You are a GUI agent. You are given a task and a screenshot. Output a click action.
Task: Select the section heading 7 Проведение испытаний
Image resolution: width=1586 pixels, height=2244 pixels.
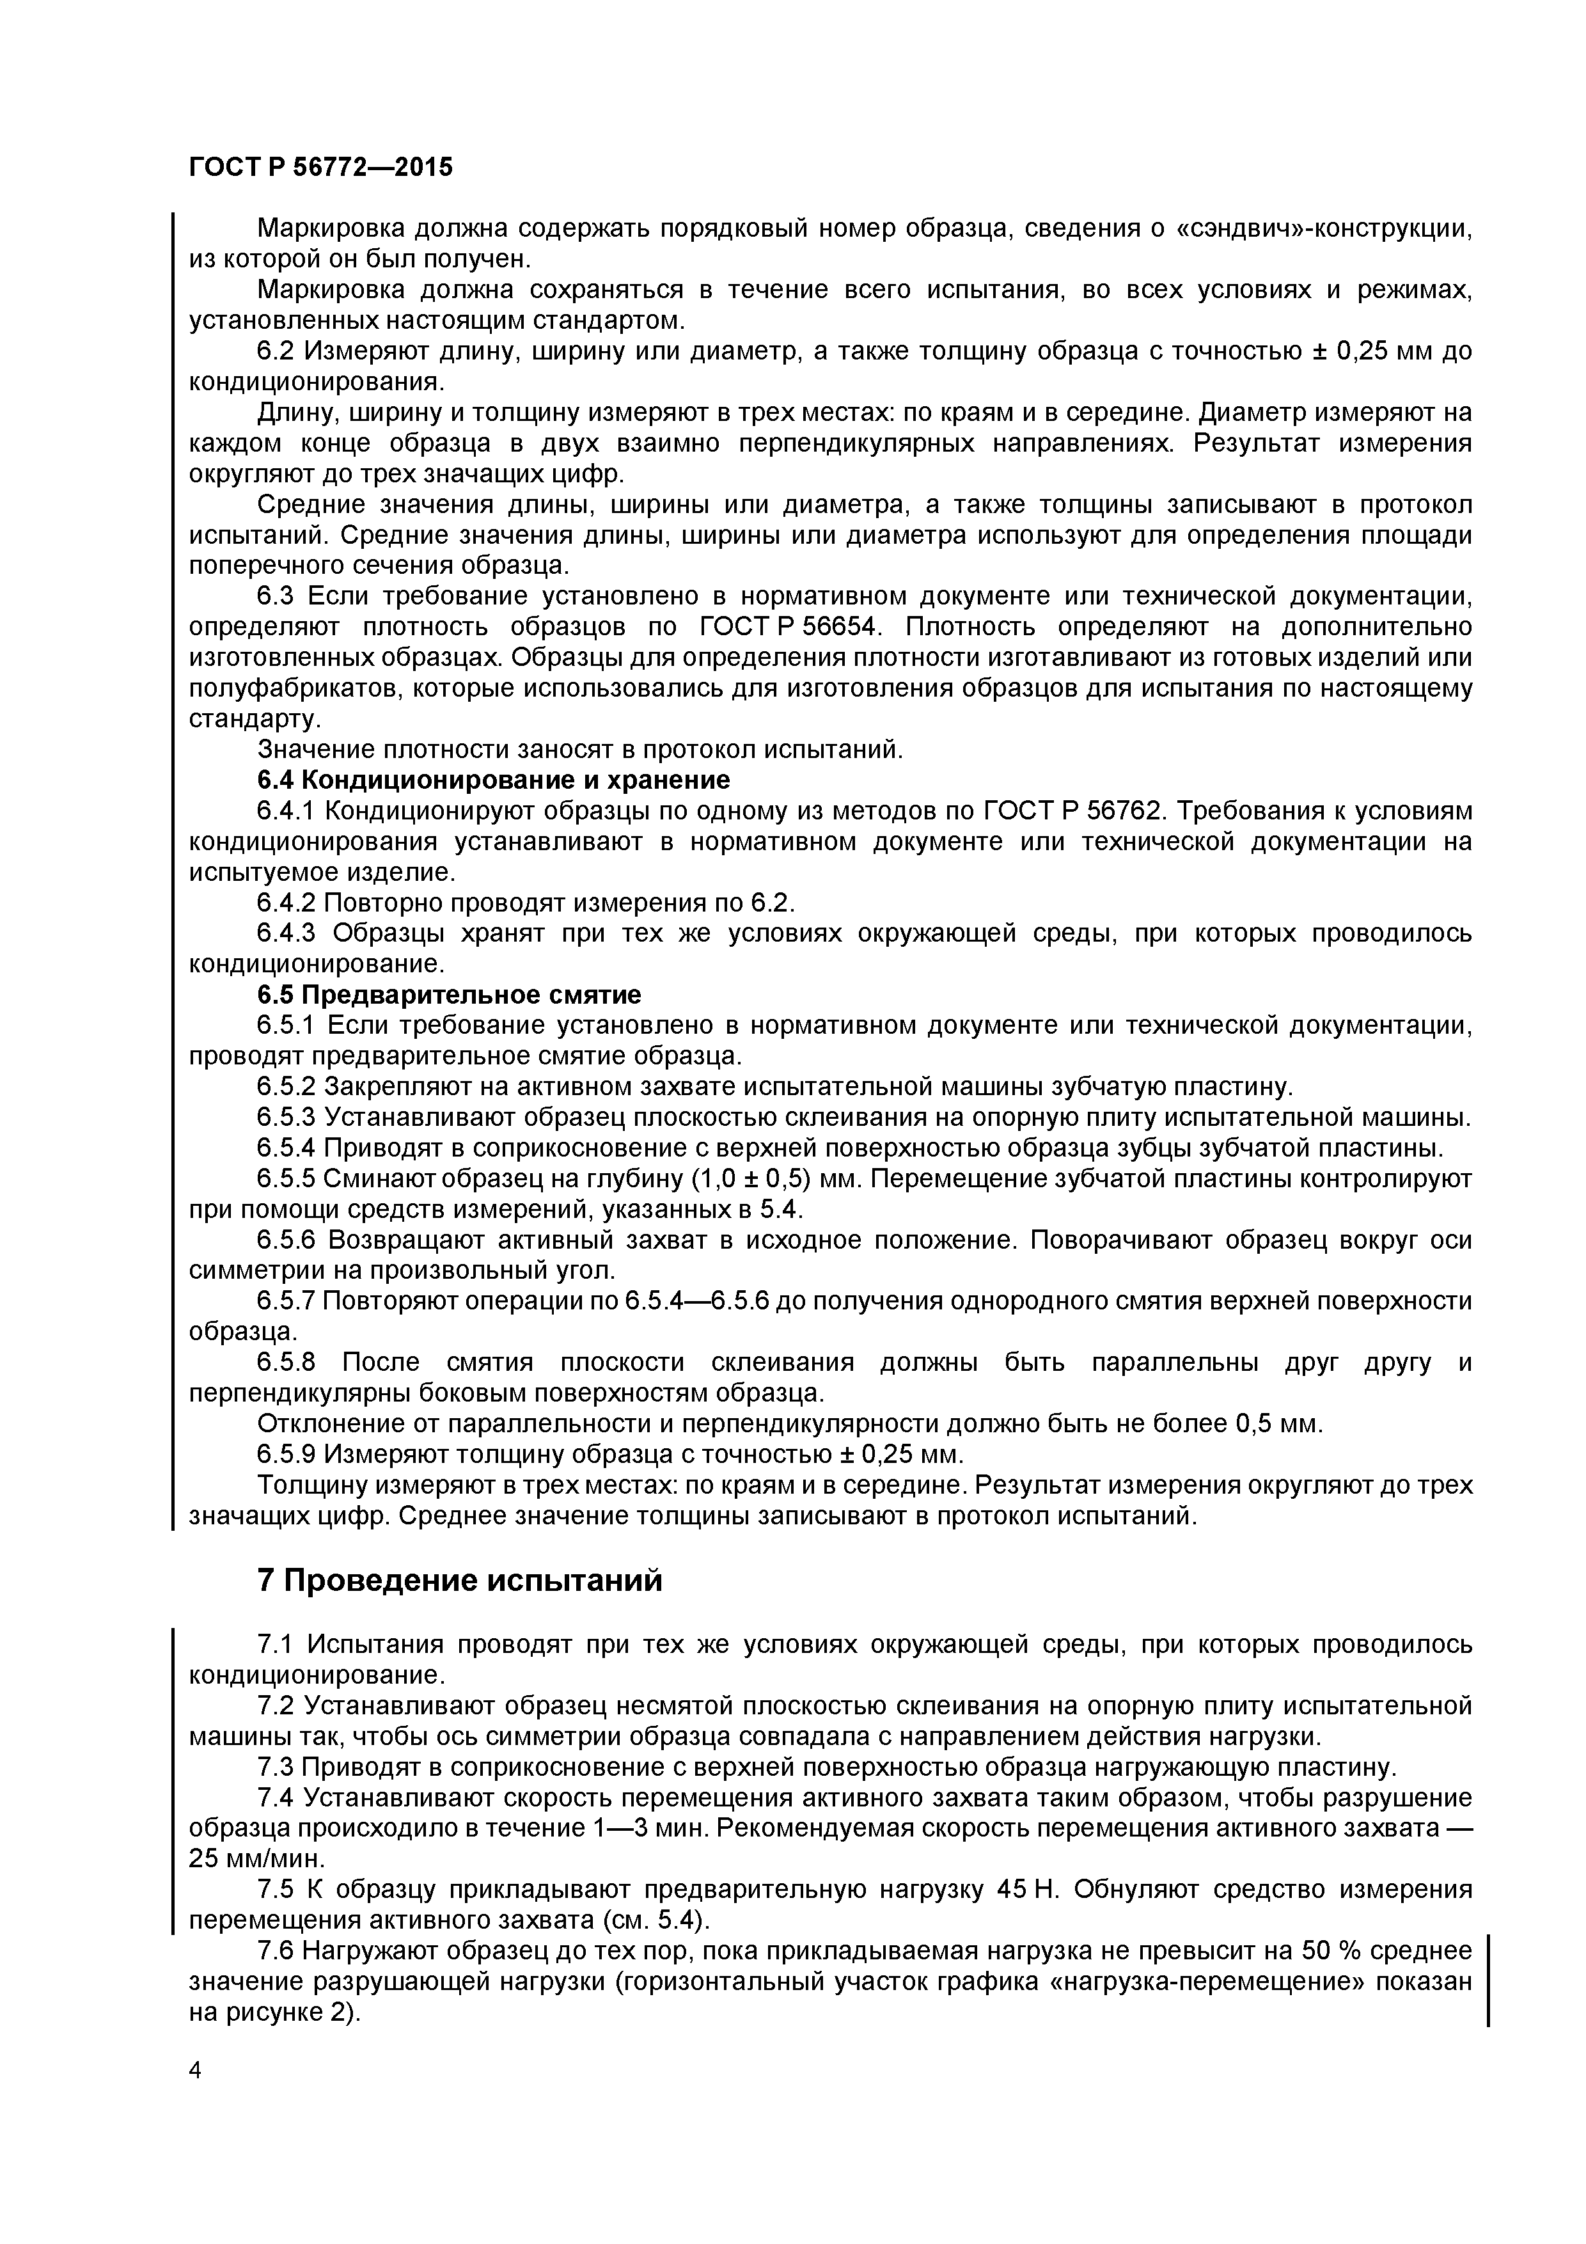(x=459, y=1581)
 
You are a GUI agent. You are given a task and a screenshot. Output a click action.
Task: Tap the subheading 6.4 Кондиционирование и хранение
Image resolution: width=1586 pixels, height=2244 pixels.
(x=494, y=780)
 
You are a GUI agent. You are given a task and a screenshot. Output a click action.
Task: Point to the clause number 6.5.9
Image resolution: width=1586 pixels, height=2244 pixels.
(x=287, y=1454)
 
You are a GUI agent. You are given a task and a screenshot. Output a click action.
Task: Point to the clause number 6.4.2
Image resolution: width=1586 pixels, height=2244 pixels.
(x=287, y=902)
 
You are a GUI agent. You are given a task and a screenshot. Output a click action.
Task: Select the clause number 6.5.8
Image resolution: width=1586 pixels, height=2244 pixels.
(x=287, y=1363)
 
